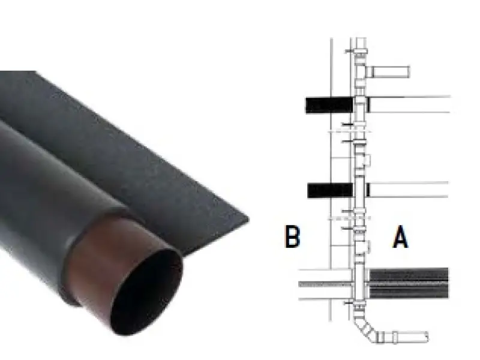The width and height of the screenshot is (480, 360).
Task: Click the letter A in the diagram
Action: (400, 236)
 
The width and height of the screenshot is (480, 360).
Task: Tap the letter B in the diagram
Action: (292, 236)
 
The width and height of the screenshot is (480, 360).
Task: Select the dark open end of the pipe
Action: (146, 292)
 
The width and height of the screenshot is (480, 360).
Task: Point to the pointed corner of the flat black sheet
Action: (248, 220)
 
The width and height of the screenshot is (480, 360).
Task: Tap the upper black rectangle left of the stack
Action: (329, 105)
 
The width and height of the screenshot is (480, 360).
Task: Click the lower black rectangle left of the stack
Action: (331, 190)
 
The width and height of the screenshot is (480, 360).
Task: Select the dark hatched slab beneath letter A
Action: (409, 283)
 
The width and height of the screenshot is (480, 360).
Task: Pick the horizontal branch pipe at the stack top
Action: (388, 71)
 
